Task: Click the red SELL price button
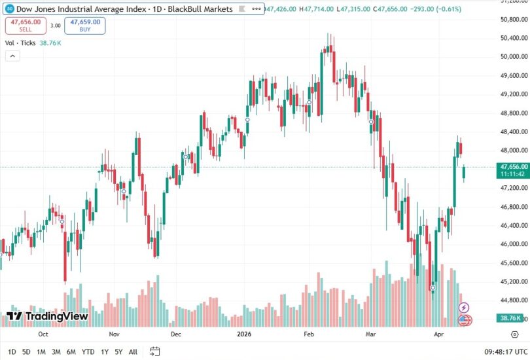click(x=26, y=26)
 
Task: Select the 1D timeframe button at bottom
click(x=11, y=351)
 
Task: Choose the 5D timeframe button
click(x=26, y=351)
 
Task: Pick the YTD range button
click(x=88, y=351)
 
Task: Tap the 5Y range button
click(x=118, y=351)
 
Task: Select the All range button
click(x=133, y=351)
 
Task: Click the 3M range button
click(x=56, y=351)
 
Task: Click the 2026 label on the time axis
click(x=243, y=333)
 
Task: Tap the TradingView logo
click(x=47, y=316)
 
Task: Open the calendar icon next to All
click(x=155, y=351)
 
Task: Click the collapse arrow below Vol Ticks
click(x=12, y=56)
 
